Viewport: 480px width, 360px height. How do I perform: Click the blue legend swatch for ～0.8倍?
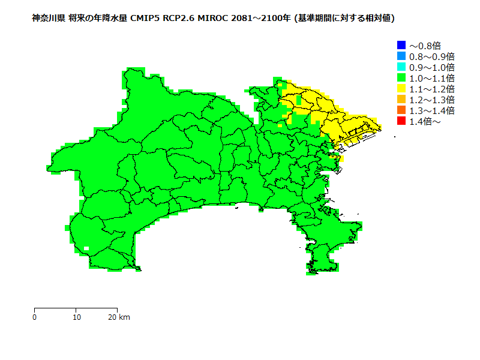pyautogui.click(x=401, y=45)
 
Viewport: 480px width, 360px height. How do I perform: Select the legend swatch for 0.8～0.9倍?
pyautogui.click(x=401, y=56)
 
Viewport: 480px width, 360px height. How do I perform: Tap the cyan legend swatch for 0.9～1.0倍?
pyautogui.click(x=401, y=67)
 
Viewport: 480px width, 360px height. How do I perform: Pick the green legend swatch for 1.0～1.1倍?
pyautogui.click(x=401, y=77)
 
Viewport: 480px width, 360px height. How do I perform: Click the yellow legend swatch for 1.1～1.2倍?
pyautogui.click(x=401, y=89)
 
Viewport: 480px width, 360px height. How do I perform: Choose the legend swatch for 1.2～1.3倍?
pyautogui.click(x=401, y=100)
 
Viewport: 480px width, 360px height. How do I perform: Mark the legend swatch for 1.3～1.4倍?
pyautogui.click(x=401, y=110)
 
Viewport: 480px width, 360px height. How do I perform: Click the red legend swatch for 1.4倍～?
pyautogui.click(x=401, y=121)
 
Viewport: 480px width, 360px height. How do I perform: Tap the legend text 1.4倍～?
pyautogui.click(x=425, y=122)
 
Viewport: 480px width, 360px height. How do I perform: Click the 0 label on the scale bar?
pyautogui.click(x=35, y=317)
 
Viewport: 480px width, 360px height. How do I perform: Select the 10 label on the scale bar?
pyautogui.click(x=76, y=317)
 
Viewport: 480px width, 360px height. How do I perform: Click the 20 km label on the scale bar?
pyautogui.click(x=119, y=317)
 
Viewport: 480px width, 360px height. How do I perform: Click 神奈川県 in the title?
pyautogui.click(x=49, y=19)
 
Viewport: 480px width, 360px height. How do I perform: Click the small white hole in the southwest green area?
pyautogui.click(x=86, y=248)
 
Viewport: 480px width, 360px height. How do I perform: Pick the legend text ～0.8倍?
pyautogui.click(x=425, y=46)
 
